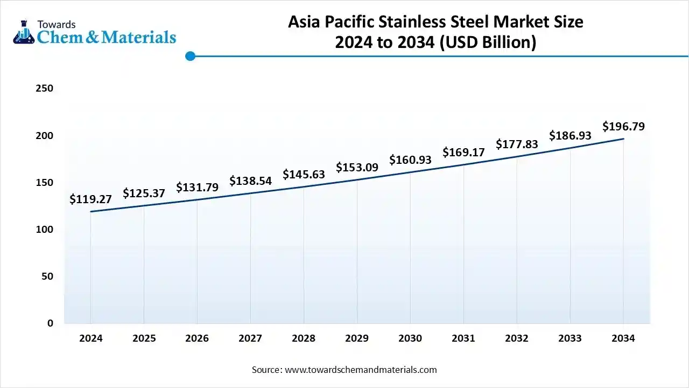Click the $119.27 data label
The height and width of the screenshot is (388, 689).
click(90, 199)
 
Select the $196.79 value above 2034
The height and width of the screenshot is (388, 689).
click(623, 127)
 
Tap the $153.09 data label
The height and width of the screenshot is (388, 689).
click(357, 168)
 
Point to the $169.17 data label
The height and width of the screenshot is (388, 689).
click(463, 153)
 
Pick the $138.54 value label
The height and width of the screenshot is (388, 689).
click(250, 181)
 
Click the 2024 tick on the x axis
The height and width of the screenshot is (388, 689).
click(90, 338)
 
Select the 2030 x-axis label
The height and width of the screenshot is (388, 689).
click(410, 338)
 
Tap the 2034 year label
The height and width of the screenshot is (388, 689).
click(623, 338)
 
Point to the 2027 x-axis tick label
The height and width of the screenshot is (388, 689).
click(250, 338)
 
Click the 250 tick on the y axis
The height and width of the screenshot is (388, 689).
click(45, 88)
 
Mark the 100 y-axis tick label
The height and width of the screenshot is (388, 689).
click(45, 230)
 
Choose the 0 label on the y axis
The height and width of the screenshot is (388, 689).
click(50, 323)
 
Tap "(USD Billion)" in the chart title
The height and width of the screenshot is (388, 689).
click(488, 42)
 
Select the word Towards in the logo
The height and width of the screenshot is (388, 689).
click(57, 24)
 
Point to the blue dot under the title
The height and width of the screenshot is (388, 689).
click(190, 56)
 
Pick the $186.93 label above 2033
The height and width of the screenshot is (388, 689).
click(570, 136)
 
